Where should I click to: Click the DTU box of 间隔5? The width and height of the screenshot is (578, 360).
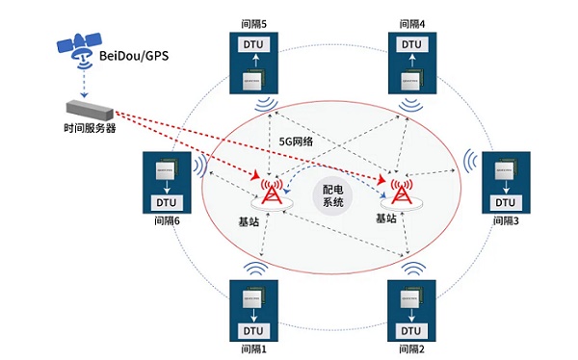[250, 44]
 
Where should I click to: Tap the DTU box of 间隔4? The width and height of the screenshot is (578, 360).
[411, 44]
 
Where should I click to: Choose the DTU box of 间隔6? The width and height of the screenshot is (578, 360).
[166, 203]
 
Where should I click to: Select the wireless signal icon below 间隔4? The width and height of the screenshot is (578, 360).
[412, 101]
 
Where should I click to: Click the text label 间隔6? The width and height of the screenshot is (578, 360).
[167, 221]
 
